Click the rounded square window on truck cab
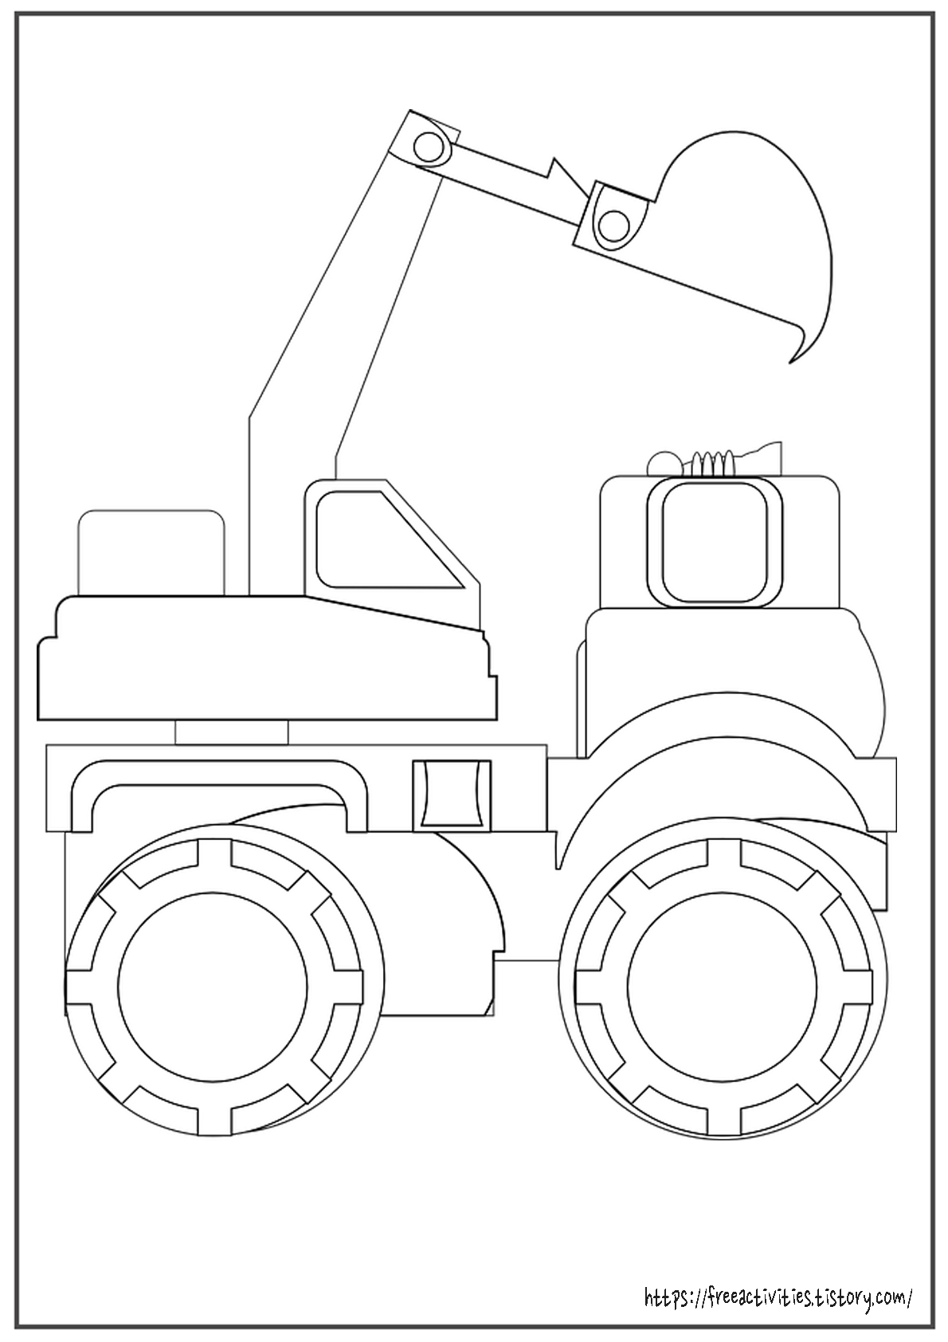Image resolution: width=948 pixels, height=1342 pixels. pyautogui.click(x=708, y=542)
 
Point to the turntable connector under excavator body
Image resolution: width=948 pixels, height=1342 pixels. pyautogui.click(x=231, y=732)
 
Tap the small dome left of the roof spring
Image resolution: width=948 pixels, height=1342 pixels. pyautogui.click(x=661, y=461)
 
